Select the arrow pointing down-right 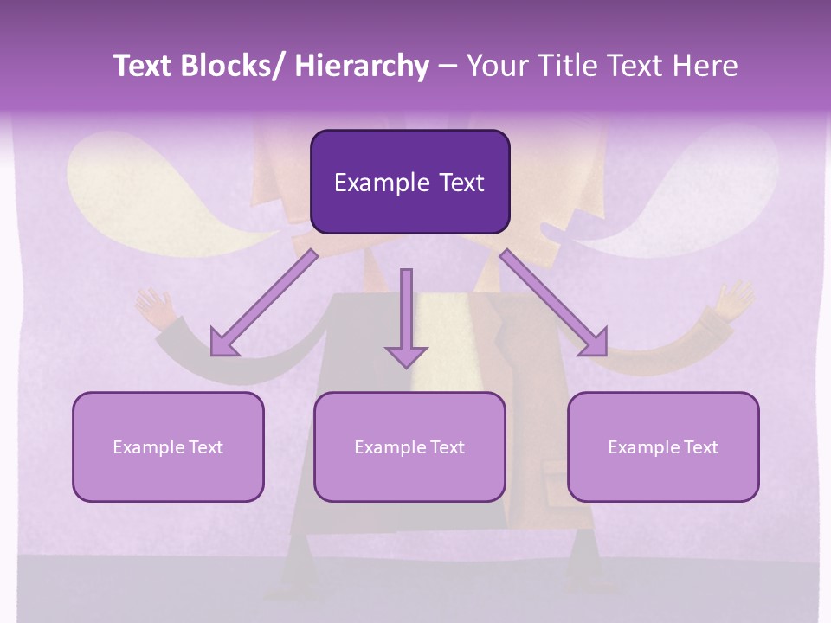(554, 303)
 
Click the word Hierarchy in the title (361, 66)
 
